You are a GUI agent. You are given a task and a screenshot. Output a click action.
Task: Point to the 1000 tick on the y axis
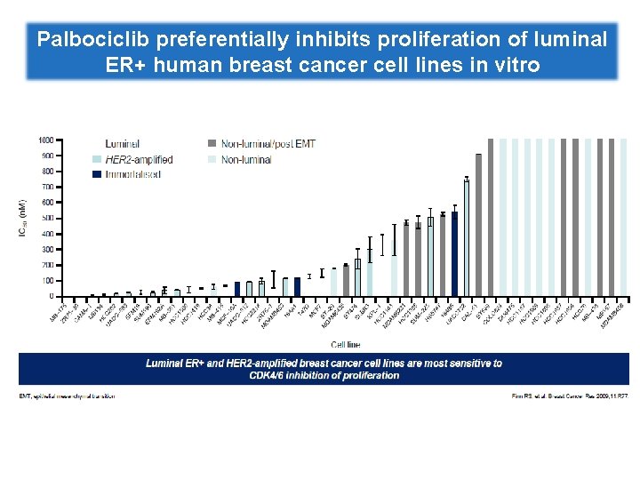[x=44, y=140]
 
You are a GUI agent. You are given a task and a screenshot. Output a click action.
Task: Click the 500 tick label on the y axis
[x=46, y=218]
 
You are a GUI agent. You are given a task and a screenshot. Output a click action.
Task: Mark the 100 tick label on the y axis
[x=46, y=280]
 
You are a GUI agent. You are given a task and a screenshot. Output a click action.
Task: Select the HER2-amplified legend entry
[x=139, y=159]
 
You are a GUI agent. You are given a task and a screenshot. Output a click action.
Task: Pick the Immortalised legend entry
[x=132, y=174]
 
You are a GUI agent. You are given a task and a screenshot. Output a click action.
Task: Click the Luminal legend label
[x=122, y=143]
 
